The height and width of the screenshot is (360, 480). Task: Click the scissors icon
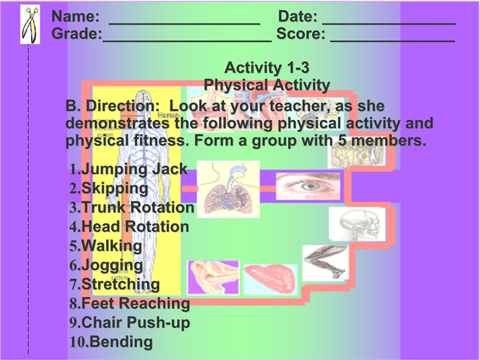tap(30, 25)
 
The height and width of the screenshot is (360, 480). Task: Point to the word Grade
tap(76, 33)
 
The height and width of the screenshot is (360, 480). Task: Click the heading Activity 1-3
tap(267, 68)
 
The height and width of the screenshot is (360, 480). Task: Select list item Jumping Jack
tap(128, 169)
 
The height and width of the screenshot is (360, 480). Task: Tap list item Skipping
tap(109, 188)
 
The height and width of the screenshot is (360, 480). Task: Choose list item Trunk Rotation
tap(131, 207)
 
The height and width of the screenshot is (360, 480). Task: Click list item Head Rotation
tap(129, 227)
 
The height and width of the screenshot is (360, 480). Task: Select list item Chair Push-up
tap(130, 323)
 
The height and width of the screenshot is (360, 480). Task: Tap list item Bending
tap(111, 342)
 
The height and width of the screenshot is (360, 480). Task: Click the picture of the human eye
tap(308, 186)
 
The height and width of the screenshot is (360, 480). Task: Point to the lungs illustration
tap(228, 189)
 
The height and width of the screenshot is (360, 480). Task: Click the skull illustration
tap(357, 224)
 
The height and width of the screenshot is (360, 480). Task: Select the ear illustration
tap(213, 278)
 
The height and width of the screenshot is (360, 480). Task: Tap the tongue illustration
tap(270, 279)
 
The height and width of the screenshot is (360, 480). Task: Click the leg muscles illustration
tap(326, 263)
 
